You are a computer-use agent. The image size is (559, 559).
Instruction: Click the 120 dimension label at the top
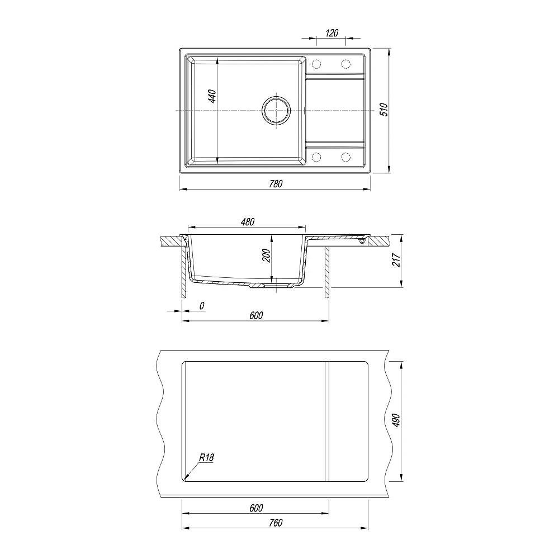[331, 33]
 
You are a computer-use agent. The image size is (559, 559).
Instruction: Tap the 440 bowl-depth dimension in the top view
[212, 96]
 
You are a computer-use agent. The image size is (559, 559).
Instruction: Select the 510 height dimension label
[383, 110]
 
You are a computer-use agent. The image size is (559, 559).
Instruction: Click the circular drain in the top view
[276, 111]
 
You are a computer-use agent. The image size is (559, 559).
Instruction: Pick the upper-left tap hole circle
[316, 64]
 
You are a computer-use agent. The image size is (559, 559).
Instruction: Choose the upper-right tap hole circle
[345, 64]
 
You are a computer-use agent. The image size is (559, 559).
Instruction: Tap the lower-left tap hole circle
[316, 157]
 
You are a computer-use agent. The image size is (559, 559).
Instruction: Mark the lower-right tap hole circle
[345, 157]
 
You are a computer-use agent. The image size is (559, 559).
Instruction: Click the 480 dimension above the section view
[248, 222]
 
